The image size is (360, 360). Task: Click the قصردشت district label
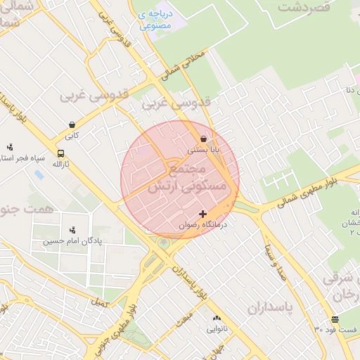304,8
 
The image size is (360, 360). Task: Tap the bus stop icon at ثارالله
61,153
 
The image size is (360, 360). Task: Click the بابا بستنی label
204,150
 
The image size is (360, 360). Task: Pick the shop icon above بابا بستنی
204,139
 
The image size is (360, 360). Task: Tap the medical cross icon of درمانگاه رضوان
204,214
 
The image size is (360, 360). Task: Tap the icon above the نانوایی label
217,319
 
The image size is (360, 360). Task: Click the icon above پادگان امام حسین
72,230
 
